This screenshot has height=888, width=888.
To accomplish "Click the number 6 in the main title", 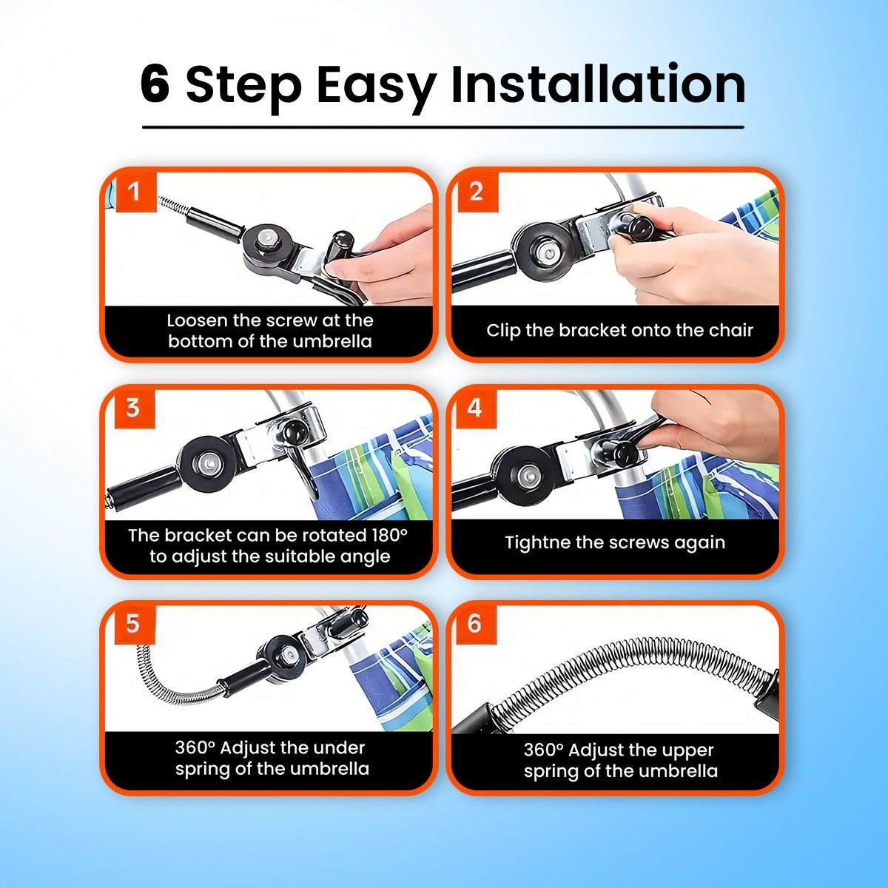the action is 155,85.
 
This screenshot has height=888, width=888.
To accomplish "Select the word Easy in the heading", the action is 376,87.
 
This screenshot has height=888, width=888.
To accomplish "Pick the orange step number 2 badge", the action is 477,192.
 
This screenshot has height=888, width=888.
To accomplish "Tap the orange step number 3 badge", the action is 133,408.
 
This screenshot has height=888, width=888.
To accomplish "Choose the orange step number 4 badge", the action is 474,408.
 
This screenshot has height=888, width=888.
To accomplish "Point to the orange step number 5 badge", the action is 133,625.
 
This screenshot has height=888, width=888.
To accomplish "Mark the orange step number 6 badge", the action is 474,625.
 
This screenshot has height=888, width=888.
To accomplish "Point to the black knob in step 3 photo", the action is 292,433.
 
